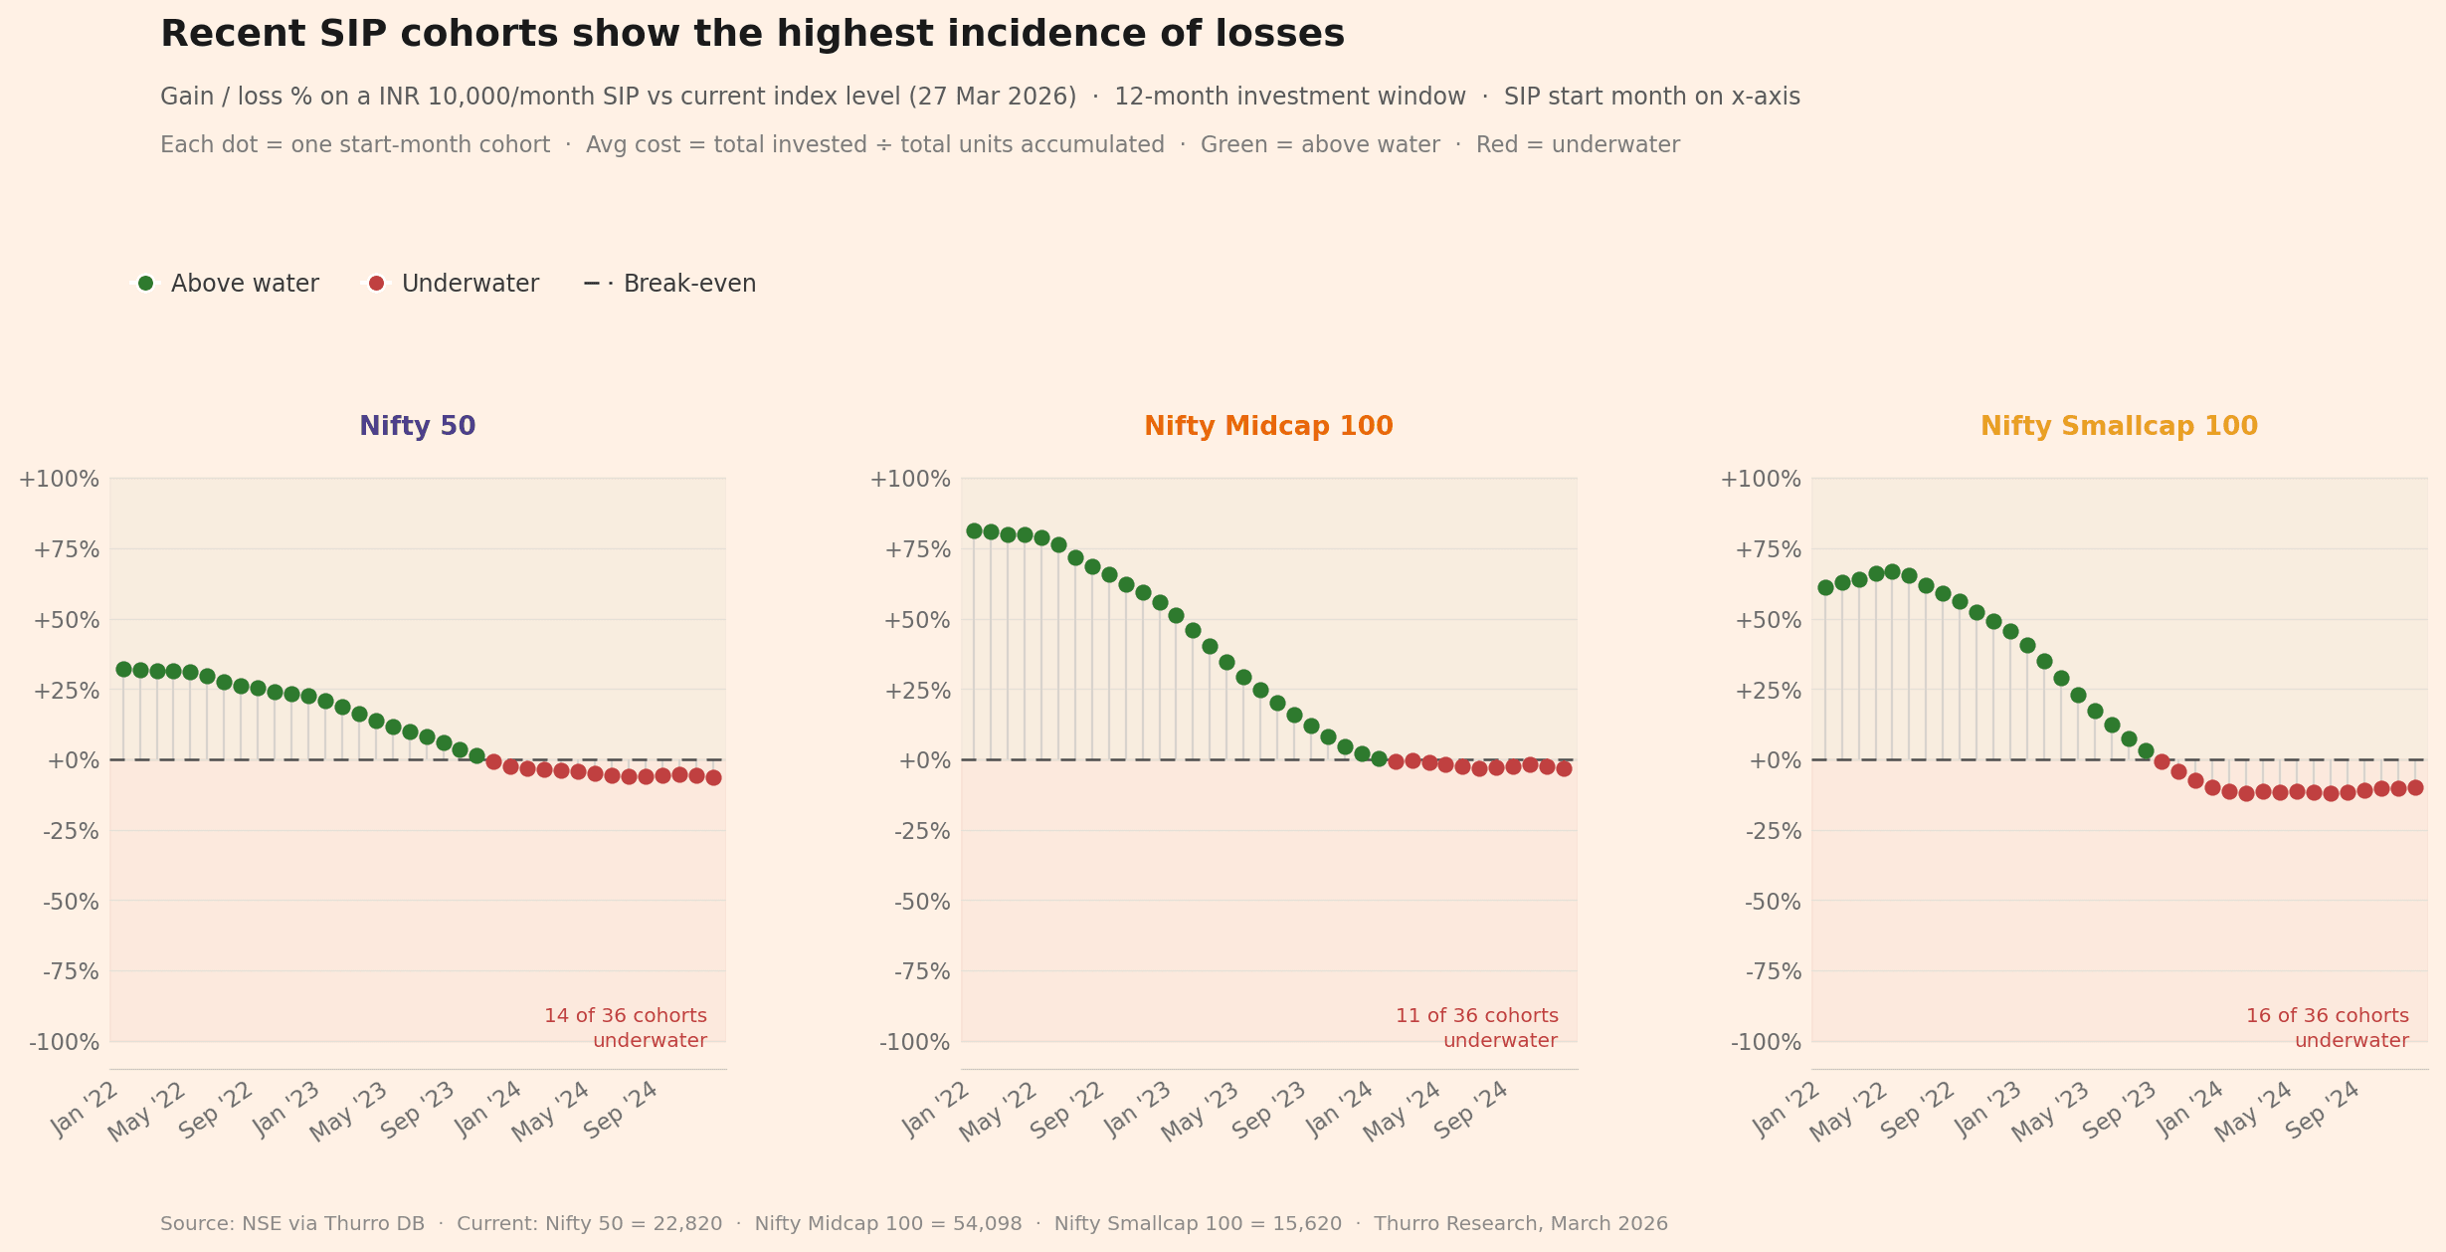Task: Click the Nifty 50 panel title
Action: (x=417, y=427)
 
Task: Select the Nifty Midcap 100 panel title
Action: (x=1268, y=427)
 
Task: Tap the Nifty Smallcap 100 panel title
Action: (x=2119, y=427)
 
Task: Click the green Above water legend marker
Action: (x=146, y=284)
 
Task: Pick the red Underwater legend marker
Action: (x=376, y=284)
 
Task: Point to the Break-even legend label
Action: (x=689, y=284)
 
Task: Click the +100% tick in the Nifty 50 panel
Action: (x=59, y=480)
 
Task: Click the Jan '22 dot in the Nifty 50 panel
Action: (x=123, y=670)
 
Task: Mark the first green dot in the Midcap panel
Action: (x=974, y=531)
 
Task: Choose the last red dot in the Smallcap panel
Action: (x=2414, y=787)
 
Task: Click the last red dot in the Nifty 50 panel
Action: (x=713, y=777)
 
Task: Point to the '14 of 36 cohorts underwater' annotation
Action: (x=626, y=1028)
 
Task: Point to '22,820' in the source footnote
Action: (x=687, y=1224)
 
